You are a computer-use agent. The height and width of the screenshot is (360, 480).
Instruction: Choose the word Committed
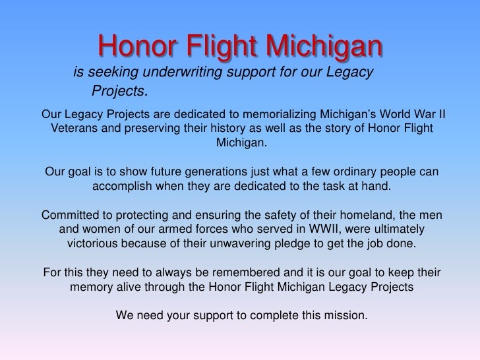70,216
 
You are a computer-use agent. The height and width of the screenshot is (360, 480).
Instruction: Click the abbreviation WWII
329,231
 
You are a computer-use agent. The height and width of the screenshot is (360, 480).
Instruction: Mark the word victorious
95,246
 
